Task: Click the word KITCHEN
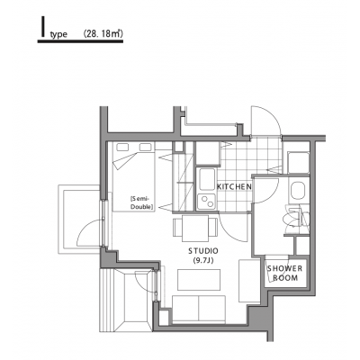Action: point(234,187)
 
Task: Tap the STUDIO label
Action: point(203,250)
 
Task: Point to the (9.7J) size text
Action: point(203,261)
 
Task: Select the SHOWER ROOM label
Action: point(284,273)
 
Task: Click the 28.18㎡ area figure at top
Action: point(103,33)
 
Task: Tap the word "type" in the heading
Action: point(58,35)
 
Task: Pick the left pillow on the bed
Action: point(122,147)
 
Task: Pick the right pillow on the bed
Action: point(146,147)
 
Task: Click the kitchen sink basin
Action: point(207,179)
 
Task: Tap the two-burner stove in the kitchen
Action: point(207,202)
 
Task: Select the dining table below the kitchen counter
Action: point(195,229)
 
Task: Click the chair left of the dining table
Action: point(177,228)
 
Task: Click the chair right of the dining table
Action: point(213,228)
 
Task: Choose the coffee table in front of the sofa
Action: point(199,280)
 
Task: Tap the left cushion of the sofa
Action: point(185,309)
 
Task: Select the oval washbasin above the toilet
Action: point(298,190)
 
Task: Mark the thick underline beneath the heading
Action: point(80,41)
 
